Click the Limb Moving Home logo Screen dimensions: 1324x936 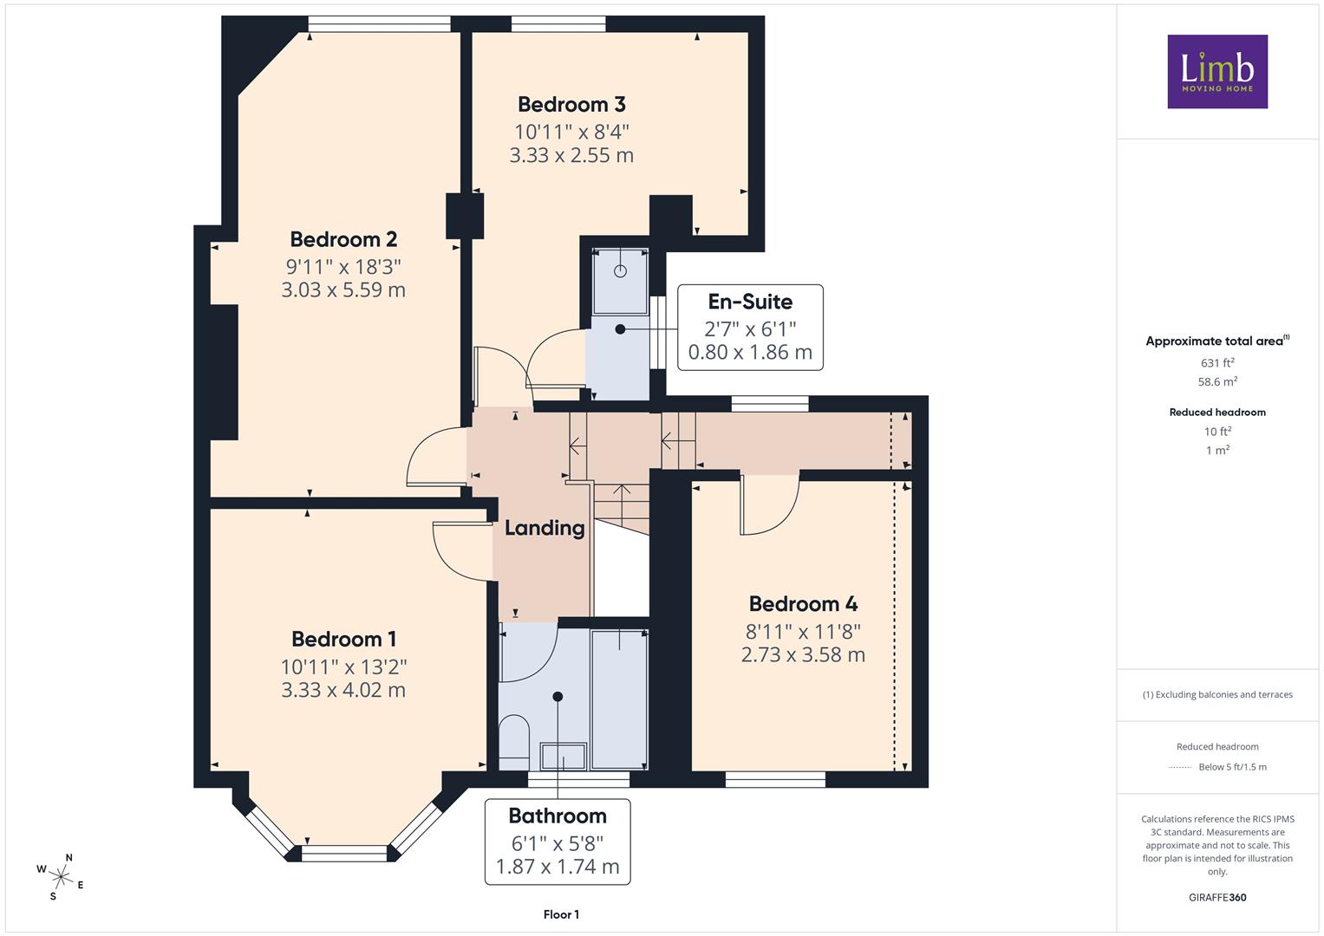click(1217, 71)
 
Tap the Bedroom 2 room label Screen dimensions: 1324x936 click(343, 239)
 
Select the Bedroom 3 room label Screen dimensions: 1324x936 click(571, 105)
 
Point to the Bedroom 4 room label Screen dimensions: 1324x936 click(803, 604)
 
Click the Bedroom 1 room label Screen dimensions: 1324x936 click(343, 640)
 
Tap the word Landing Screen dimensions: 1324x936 click(545, 528)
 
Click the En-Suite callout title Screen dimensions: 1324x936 click(750, 302)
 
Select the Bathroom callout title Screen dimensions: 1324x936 click(558, 816)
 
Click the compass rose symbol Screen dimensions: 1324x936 click(60, 876)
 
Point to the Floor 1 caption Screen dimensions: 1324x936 click(561, 914)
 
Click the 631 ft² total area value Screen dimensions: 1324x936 click(1217, 362)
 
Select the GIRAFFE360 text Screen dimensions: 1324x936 click(1217, 897)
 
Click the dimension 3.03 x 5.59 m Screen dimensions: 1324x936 click(343, 289)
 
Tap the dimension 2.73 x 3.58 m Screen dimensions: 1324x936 click(803, 654)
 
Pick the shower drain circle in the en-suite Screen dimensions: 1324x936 click(620, 271)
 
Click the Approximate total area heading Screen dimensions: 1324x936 click(1217, 341)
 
